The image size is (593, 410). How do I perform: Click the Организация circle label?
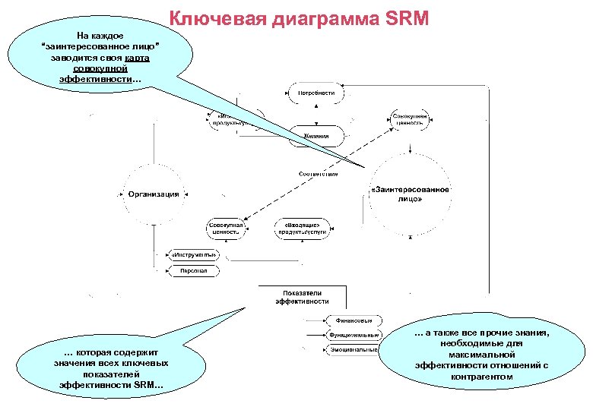point(154,194)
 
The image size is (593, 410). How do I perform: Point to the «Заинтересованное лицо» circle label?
point(411,194)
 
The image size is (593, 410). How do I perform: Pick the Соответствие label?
point(318,174)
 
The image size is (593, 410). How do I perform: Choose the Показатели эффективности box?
point(303,296)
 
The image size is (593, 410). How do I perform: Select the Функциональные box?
point(353,335)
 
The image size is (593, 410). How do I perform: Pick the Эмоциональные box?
point(353,350)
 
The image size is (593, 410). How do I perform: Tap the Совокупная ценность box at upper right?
point(410,120)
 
